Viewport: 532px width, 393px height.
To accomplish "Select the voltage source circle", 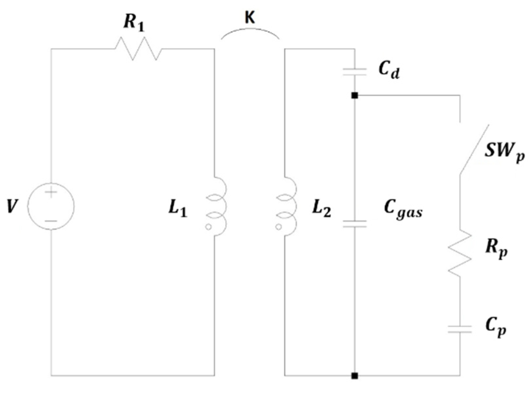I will [51, 206].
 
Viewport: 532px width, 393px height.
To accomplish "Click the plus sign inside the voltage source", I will [51, 193].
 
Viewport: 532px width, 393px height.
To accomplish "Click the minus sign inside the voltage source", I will [51, 221].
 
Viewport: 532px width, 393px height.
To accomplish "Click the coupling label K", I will [249, 18].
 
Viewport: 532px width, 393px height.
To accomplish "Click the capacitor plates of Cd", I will [355, 72].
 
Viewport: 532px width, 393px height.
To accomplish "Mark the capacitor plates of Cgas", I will [355, 224].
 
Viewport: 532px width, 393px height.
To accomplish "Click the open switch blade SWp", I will [474, 149].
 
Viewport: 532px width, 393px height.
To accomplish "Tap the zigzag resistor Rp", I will [460, 252].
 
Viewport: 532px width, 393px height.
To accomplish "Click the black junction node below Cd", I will [355, 96].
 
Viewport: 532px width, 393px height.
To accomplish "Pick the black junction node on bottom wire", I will [355, 376].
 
